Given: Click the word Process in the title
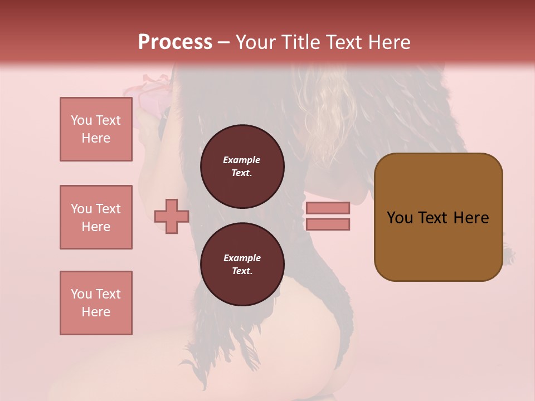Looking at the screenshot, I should point(175,42).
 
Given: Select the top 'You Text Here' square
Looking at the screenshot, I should point(96,129).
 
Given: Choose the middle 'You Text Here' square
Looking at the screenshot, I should point(96,217).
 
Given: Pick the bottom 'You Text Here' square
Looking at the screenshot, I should point(96,303).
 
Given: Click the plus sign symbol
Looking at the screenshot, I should point(172,217).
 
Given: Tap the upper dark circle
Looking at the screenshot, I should point(242,166).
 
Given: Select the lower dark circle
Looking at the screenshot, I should point(242,264).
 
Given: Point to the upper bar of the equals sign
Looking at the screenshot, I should point(328,208).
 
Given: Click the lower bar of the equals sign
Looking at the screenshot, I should point(328,224).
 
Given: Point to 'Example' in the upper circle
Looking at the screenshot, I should point(242,160).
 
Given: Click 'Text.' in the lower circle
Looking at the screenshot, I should point(242,271).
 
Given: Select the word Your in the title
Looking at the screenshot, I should point(256,42).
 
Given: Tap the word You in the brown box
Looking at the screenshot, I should point(400,218).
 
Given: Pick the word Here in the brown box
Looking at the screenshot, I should point(471,218).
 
